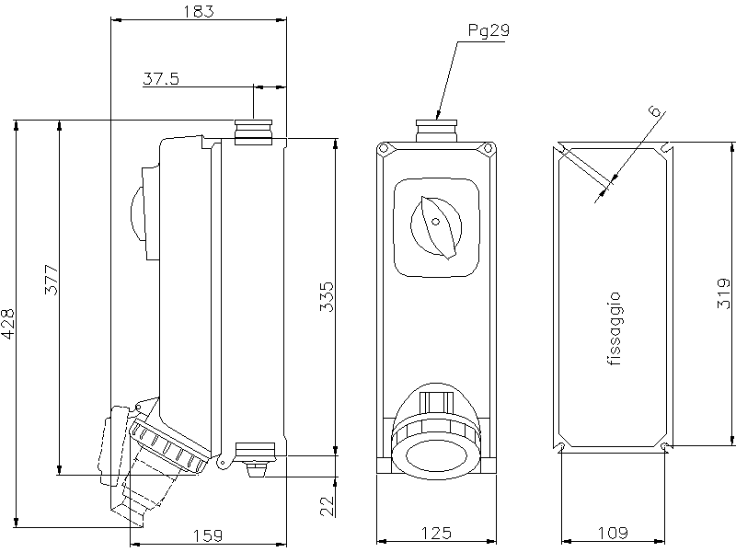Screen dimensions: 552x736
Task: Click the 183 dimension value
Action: (198, 11)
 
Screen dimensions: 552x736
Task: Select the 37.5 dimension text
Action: (160, 79)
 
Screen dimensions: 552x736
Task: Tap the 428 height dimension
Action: (8, 324)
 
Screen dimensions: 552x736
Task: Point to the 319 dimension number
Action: (725, 293)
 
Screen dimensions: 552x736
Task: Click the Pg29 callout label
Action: (489, 30)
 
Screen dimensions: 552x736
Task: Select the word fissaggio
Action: (615, 329)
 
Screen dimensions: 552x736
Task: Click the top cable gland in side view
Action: (253, 131)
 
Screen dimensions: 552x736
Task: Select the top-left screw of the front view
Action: (385, 149)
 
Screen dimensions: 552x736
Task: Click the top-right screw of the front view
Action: (487, 149)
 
